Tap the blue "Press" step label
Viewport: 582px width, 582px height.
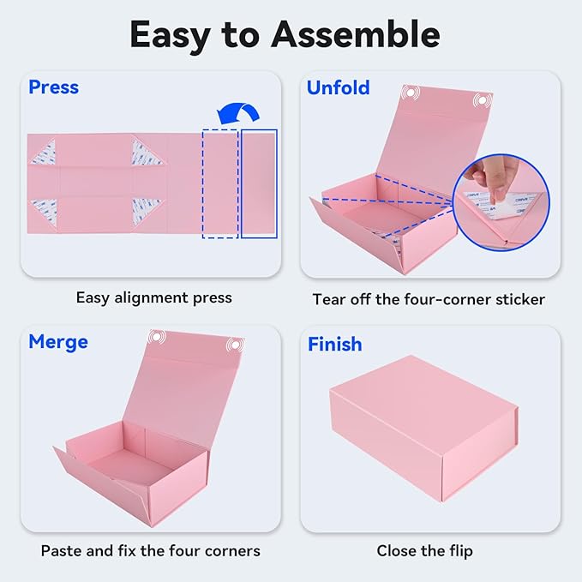coord(53,87)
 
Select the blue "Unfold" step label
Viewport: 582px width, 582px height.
coord(338,87)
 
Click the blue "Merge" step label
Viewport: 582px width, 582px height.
coord(58,342)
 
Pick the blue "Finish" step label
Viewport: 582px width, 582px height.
coord(334,344)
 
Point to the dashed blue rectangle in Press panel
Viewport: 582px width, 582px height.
coord(219,183)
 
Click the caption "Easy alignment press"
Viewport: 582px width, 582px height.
coord(153,297)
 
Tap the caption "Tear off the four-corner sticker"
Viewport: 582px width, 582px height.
coord(429,299)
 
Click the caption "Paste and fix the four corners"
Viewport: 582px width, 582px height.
coord(150,549)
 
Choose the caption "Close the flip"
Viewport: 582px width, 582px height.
coord(424,550)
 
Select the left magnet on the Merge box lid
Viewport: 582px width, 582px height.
coord(155,338)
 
